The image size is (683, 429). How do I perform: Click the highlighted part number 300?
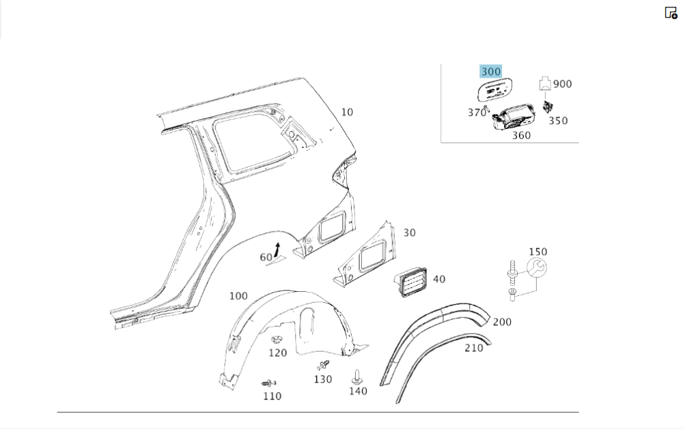[x=490, y=72]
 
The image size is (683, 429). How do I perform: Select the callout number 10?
[x=347, y=112]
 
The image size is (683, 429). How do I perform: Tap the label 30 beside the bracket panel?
[x=408, y=233]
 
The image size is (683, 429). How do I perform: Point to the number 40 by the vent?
[x=438, y=279]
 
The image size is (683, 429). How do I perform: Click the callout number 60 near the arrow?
[x=266, y=257]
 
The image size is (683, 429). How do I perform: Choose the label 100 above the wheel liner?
[x=238, y=296]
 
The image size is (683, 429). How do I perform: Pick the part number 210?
[x=473, y=348]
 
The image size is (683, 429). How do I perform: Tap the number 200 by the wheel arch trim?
[x=502, y=322]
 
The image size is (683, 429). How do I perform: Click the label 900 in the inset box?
[x=562, y=84]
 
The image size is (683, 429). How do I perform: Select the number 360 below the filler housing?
[x=521, y=135]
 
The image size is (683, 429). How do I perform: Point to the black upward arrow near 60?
[x=277, y=250]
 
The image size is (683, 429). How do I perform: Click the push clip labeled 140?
[x=356, y=376]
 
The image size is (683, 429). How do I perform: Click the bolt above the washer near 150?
[x=511, y=271]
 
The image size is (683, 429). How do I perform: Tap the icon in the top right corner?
[x=671, y=12]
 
